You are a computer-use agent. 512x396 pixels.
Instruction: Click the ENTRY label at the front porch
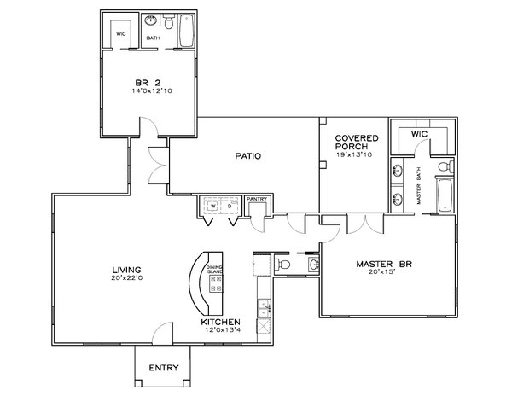pyautogui.click(x=163, y=368)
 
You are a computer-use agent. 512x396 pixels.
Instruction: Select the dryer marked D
pyautogui.click(x=230, y=207)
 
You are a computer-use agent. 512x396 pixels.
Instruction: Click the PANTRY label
pyautogui.click(x=258, y=201)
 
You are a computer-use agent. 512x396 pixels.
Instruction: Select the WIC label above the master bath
pyautogui.click(x=418, y=134)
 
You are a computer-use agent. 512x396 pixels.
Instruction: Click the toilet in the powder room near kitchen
pyautogui.click(x=286, y=267)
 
